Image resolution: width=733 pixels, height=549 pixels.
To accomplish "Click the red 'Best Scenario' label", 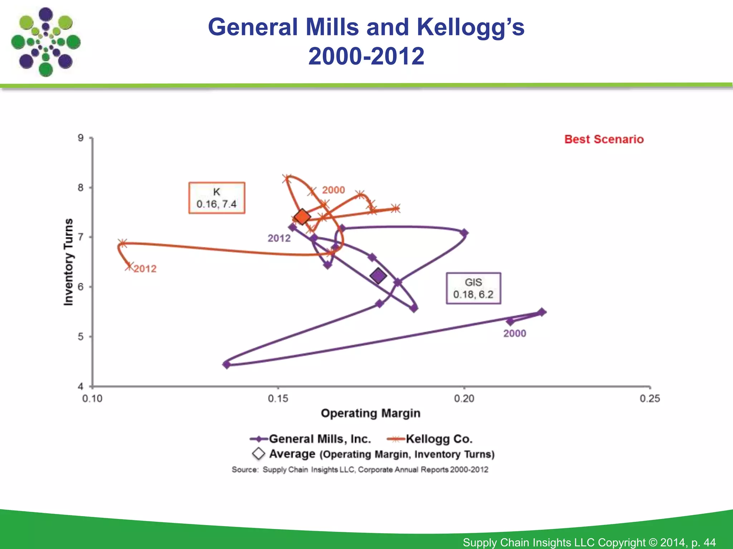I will [x=604, y=139].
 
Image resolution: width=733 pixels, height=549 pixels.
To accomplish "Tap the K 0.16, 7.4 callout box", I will [x=217, y=198].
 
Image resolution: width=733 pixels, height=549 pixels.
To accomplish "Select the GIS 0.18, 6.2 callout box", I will [x=473, y=288].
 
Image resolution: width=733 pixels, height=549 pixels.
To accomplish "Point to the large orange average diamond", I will [x=302, y=217].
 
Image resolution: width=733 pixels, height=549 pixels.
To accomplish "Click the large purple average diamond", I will [x=378, y=276].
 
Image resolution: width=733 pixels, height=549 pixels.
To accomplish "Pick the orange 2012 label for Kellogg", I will [x=145, y=269].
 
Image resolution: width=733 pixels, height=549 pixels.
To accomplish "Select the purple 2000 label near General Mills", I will [x=515, y=333].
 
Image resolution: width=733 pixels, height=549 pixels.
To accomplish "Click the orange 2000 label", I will [x=333, y=190].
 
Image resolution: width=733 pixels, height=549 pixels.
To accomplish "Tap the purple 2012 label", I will [x=279, y=238].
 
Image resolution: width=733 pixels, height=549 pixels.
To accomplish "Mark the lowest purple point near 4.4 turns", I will [x=226, y=365].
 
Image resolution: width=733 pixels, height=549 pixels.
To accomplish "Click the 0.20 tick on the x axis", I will [x=464, y=398].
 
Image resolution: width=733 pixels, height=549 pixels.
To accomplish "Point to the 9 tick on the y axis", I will [x=81, y=138].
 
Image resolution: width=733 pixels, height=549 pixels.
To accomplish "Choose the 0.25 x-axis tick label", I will [x=650, y=398].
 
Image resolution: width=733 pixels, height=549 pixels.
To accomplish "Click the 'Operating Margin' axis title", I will [x=370, y=413].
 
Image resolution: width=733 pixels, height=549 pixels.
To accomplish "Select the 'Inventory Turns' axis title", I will [x=68, y=262].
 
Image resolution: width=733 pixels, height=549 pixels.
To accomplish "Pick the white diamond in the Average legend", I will [x=258, y=454].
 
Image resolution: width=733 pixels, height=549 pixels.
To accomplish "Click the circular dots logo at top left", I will [x=45, y=42].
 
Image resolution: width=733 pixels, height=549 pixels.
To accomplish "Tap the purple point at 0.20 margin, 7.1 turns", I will [x=464, y=233].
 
